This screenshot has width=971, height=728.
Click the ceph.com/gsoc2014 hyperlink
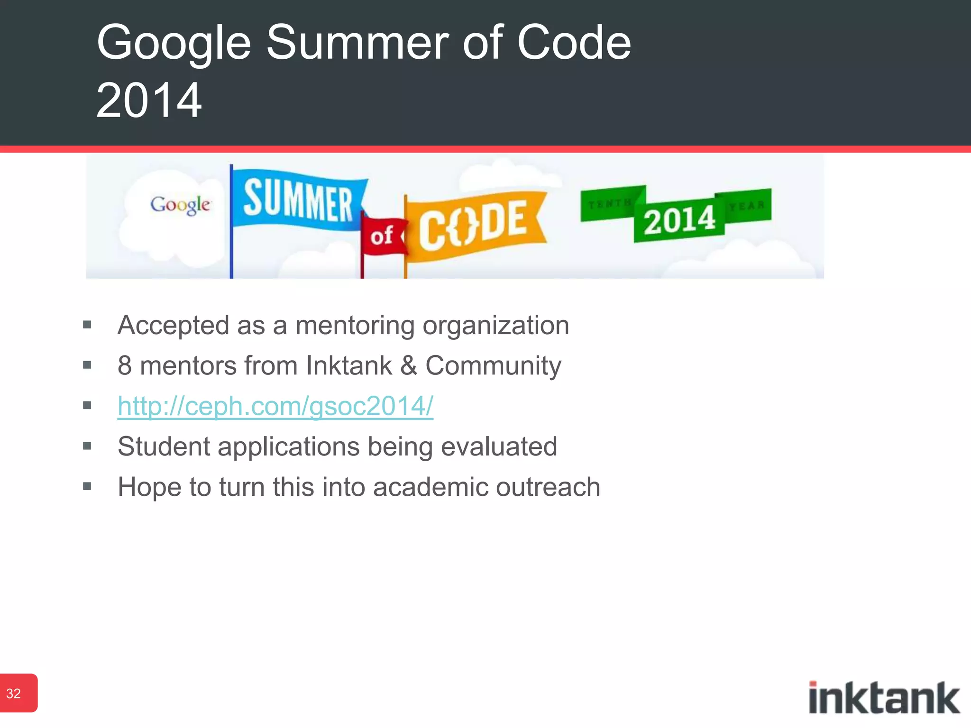point(275,406)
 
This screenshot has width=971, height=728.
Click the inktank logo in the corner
point(884,698)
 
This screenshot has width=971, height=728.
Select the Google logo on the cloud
point(180,205)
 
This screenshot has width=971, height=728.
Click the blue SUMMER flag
point(298,201)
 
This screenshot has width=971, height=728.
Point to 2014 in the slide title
point(149,100)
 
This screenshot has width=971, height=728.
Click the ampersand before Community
point(408,366)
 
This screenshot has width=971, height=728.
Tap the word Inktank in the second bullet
point(349,366)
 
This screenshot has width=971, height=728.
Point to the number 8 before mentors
point(125,366)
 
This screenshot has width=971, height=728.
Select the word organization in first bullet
point(495,327)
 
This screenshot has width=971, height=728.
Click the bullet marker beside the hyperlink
point(87,406)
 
